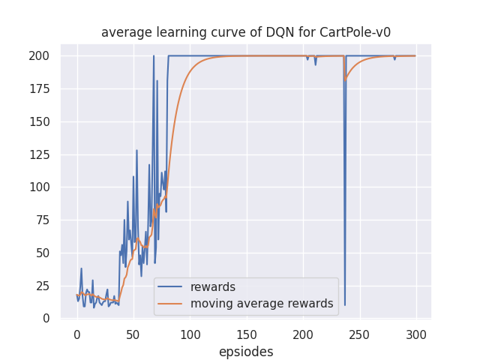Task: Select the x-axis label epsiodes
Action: (246, 352)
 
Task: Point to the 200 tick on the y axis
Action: (39, 55)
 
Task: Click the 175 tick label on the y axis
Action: (39, 88)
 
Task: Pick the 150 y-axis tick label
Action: (39, 121)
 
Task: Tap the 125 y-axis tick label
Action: (39, 154)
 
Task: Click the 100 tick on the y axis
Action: (39, 187)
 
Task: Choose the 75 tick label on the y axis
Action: (43, 220)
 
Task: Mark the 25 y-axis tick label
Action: (43, 286)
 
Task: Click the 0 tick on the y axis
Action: (46, 319)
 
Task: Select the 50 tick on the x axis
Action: (133, 334)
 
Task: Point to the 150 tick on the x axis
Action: (247, 334)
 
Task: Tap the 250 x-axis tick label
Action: (360, 334)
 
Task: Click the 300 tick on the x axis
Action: (416, 334)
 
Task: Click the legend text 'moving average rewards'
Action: (262, 304)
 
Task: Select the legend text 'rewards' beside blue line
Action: (213, 287)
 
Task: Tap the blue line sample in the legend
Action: (172, 287)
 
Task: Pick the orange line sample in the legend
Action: (172, 304)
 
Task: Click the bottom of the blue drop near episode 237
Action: (345, 304)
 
